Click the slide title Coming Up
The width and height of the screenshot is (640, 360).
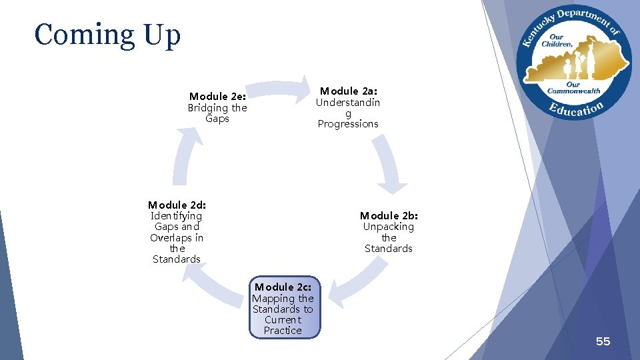click(107, 35)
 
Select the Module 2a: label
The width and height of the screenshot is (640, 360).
click(348, 91)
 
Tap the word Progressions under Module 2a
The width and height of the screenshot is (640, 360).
click(348, 124)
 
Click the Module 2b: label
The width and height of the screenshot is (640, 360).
click(389, 215)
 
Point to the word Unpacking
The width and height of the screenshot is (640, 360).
click(389, 227)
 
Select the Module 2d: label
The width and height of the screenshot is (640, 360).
click(177, 205)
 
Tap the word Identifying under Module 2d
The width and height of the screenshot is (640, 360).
click(177, 216)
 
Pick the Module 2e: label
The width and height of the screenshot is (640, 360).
click(217, 97)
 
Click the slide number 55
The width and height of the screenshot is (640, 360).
click(603, 341)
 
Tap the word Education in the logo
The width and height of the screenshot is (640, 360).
click(576, 108)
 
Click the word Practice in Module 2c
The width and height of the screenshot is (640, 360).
click(283, 331)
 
